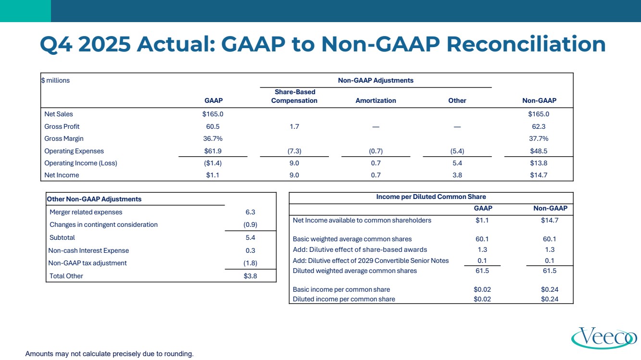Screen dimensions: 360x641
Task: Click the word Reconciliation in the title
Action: pos(526,44)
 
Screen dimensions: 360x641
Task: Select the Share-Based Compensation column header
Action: pos(294,96)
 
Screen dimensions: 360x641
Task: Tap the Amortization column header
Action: pos(376,100)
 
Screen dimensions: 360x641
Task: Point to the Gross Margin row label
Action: pos(64,138)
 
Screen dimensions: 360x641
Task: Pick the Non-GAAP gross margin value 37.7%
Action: pos(539,138)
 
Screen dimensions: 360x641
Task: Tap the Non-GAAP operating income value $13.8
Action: pos(539,163)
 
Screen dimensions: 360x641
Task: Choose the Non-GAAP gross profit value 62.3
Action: pos(539,126)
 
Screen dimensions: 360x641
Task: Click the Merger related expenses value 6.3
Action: pos(250,212)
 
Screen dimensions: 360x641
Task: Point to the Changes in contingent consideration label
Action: pos(103,224)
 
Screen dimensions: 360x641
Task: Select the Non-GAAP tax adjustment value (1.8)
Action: pos(250,263)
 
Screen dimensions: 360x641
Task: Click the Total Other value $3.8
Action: pos(250,276)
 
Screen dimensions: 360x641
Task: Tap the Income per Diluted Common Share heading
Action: pos(431,197)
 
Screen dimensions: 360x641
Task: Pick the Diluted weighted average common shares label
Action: pos(355,271)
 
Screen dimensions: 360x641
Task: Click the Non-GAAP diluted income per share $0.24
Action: pos(550,299)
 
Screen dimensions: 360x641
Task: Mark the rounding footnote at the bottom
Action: pos(109,354)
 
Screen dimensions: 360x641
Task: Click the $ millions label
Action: pos(55,80)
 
